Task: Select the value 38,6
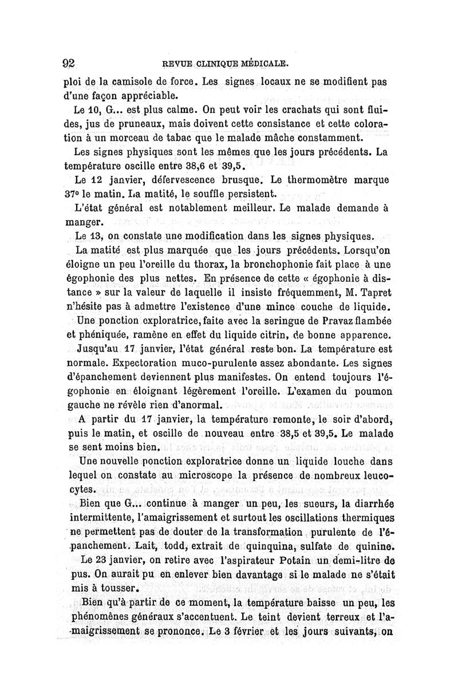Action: (x=197, y=168)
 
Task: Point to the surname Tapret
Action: (x=373, y=292)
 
